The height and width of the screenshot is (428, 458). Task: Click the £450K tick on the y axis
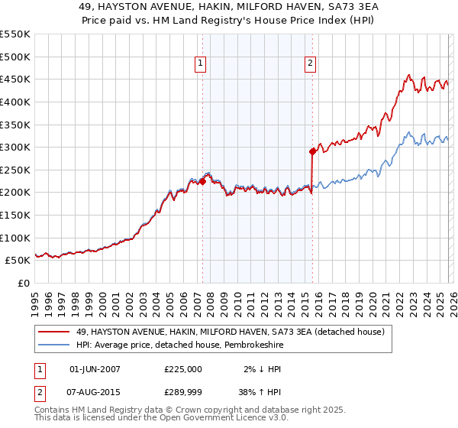click(x=15, y=79)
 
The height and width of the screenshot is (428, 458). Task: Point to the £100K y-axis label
click(x=15, y=238)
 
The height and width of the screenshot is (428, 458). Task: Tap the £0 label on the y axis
click(x=24, y=283)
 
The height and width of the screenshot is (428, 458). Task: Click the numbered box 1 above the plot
click(x=200, y=64)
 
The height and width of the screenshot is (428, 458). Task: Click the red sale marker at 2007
click(x=202, y=181)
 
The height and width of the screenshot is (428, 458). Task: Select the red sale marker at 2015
click(x=312, y=151)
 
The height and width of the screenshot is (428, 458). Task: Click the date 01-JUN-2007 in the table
click(x=95, y=369)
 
